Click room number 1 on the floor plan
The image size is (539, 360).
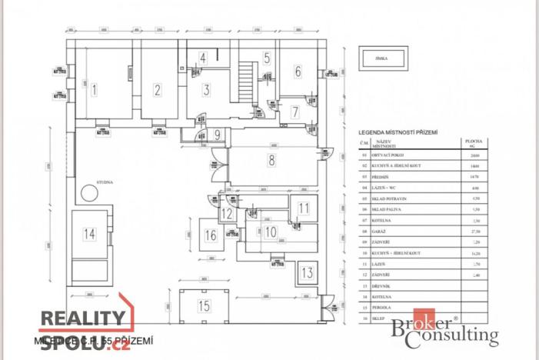95,90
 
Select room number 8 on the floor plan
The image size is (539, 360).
271,161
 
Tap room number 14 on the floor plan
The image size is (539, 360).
90,233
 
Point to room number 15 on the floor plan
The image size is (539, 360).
203,306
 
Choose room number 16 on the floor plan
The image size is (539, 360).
211,235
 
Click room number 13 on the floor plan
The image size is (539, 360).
306,272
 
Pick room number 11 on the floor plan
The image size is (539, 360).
304,208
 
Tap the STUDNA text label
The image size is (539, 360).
105,182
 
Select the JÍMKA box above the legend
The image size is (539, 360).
393,58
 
